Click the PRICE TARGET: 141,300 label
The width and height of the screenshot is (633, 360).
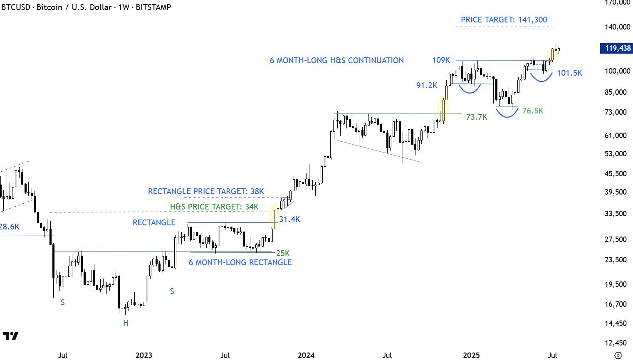[x=504, y=20]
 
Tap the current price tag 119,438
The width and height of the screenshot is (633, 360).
[x=617, y=48]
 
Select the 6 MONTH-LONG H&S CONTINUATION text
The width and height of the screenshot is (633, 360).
[x=336, y=60]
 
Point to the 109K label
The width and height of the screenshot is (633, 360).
[x=441, y=60]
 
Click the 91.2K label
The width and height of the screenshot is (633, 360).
[x=427, y=85]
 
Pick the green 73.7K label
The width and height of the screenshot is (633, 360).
[x=476, y=117]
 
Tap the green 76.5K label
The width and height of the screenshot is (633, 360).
[x=532, y=111]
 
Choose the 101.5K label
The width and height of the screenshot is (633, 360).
[x=569, y=73]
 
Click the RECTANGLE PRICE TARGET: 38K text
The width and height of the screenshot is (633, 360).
[x=206, y=191]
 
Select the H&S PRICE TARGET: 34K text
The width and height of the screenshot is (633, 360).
[x=214, y=207]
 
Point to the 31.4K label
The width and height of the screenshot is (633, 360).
[x=289, y=219]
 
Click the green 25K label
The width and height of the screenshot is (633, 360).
[x=283, y=253]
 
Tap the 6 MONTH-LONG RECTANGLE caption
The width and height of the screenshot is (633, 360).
[x=240, y=262]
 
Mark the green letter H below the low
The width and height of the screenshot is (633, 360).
[x=126, y=323]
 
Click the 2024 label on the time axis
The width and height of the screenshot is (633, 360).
[x=306, y=355]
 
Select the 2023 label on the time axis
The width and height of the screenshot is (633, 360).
[x=144, y=355]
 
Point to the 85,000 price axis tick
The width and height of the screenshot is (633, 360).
[x=616, y=92]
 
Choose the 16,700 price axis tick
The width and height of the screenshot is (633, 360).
[x=616, y=304]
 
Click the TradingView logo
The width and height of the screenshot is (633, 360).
[x=10, y=336]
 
